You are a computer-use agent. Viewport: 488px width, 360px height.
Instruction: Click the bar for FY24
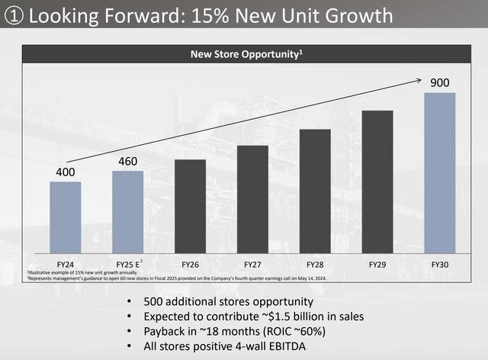click(x=66, y=217)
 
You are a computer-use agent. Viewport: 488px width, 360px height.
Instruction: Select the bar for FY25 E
click(x=128, y=212)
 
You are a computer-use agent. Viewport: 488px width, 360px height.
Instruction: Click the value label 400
click(x=66, y=172)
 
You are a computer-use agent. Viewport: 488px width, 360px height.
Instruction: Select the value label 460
click(x=128, y=162)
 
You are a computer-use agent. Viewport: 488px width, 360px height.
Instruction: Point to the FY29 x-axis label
click(x=377, y=263)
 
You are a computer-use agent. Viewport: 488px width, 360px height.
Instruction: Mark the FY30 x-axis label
click(x=440, y=263)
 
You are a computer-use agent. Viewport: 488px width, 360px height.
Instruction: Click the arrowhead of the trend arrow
click(x=421, y=79)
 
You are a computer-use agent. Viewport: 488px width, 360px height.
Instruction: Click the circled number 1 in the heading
click(x=14, y=14)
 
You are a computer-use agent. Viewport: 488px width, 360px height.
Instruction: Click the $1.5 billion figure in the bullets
click(x=302, y=315)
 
